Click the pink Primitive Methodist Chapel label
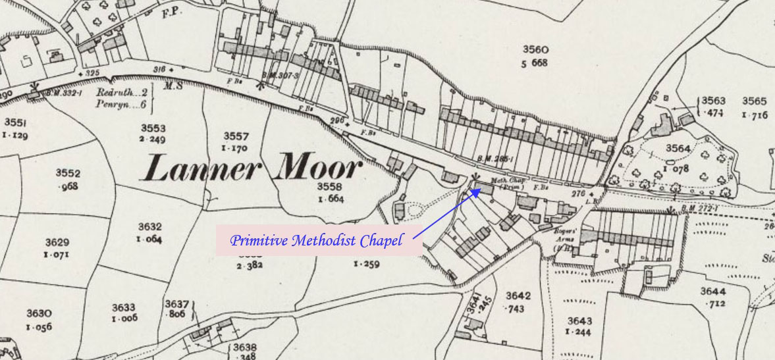coord(316,241)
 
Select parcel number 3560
coord(535,49)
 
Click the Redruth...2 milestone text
coord(120,93)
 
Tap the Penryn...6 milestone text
coord(119,104)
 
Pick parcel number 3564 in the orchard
coord(678,147)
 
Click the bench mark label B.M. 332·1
coord(63,93)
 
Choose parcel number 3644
coord(713,291)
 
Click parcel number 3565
coord(755,101)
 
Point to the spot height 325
coord(91,72)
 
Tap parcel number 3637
coord(178,304)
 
